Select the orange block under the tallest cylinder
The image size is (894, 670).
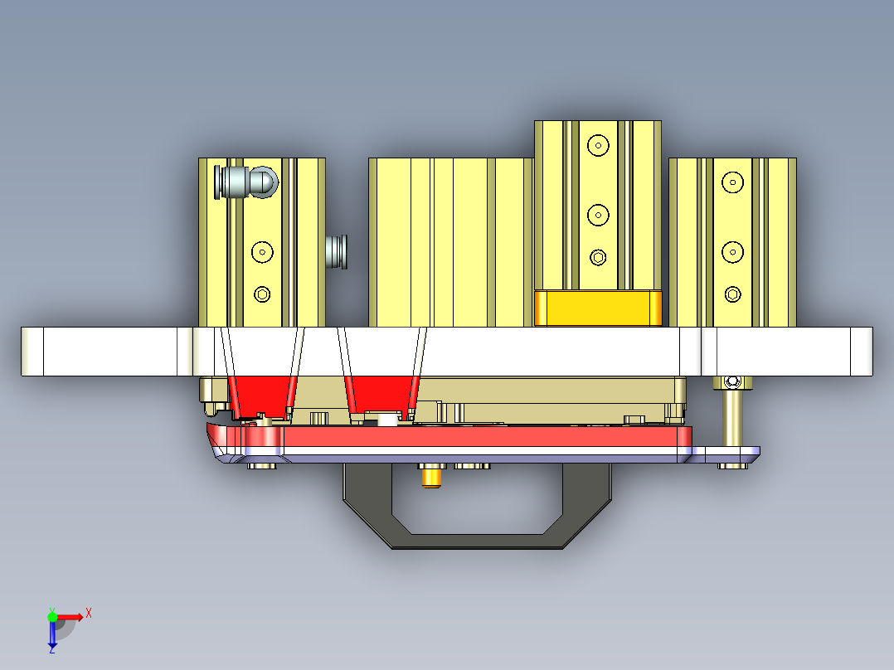click(x=598, y=308)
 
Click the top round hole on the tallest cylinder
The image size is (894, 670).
click(x=597, y=145)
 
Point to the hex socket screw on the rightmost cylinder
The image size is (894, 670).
click(x=732, y=294)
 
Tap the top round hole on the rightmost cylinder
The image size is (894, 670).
click(x=732, y=182)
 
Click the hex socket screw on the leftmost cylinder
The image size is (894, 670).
click(x=262, y=294)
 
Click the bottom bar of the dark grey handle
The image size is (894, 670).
click(x=477, y=541)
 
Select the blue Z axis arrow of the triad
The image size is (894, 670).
click(x=52, y=635)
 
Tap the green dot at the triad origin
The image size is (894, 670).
click(x=52, y=616)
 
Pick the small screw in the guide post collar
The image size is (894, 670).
click(x=731, y=381)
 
